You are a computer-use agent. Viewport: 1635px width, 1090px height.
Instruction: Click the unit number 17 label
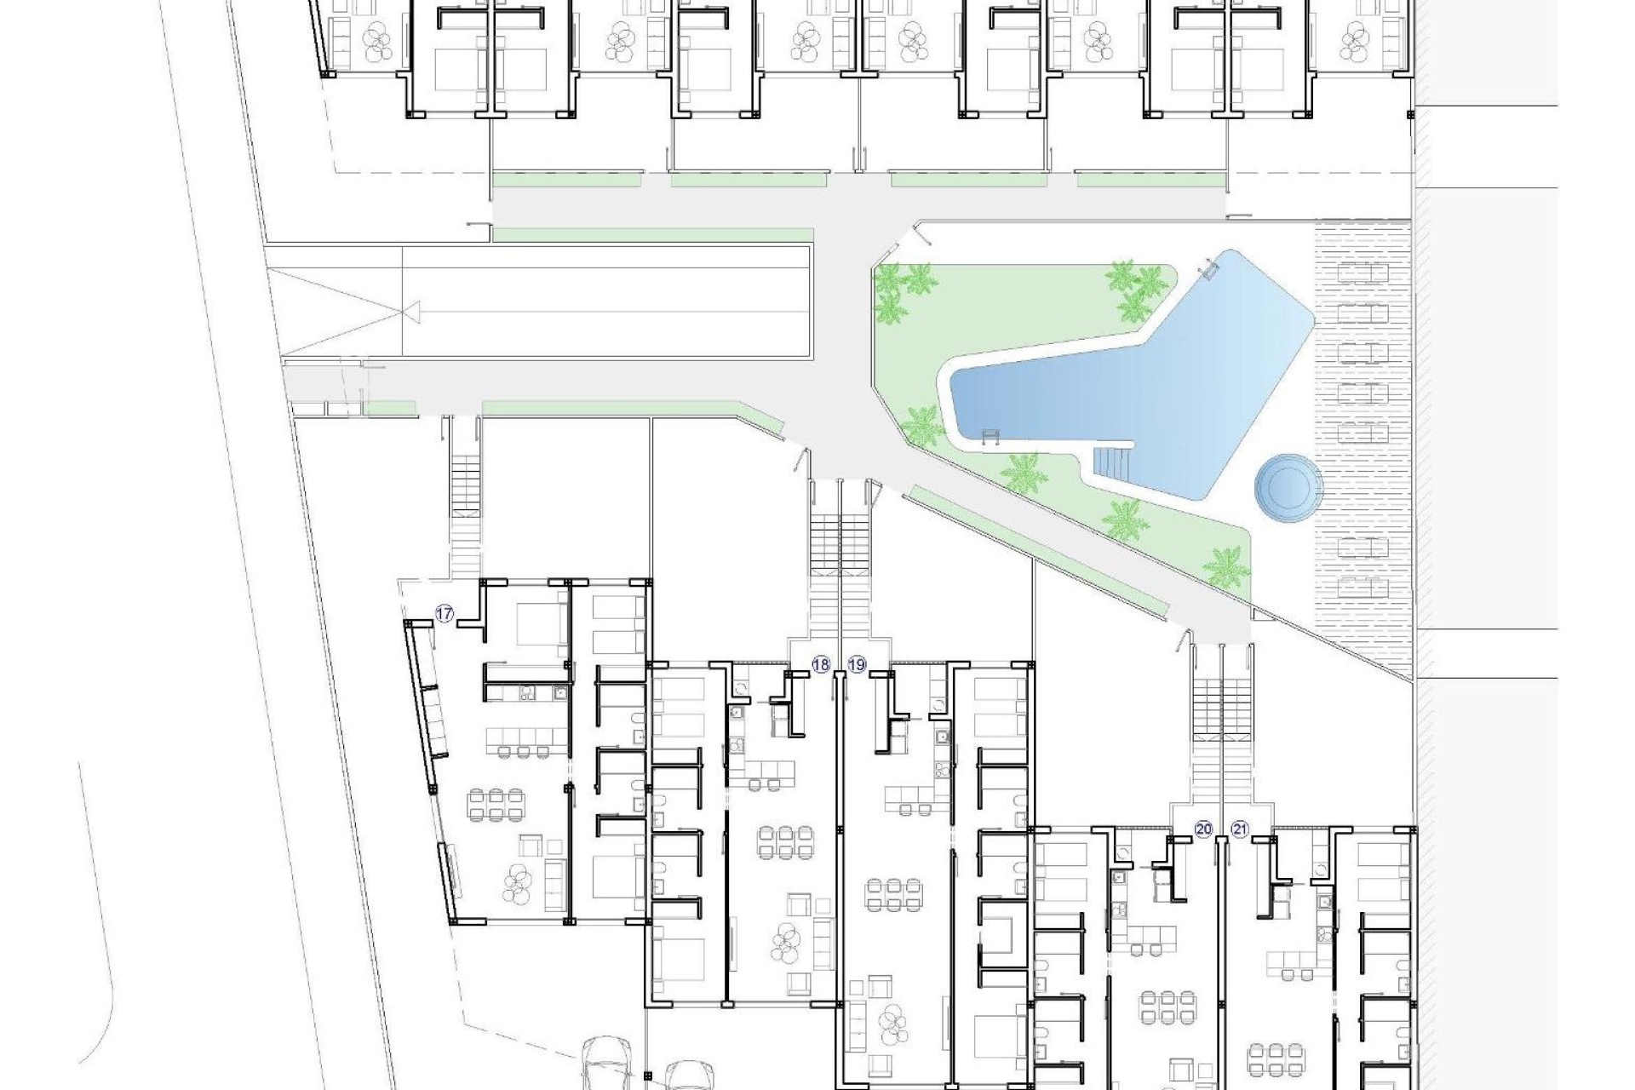point(444,613)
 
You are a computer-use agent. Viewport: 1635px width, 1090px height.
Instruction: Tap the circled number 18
point(821,666)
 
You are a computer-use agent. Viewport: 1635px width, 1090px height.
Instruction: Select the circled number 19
point(857,666)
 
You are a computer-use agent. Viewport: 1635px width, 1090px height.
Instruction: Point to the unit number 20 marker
point(1203,829)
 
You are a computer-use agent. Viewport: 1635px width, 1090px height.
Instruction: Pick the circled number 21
point(1239,829)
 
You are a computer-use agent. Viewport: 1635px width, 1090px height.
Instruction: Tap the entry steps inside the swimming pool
point(1113,464)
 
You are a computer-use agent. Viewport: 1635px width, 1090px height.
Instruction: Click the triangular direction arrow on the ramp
point(412,313)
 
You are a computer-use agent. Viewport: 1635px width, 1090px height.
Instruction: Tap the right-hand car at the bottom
point(686,1075)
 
